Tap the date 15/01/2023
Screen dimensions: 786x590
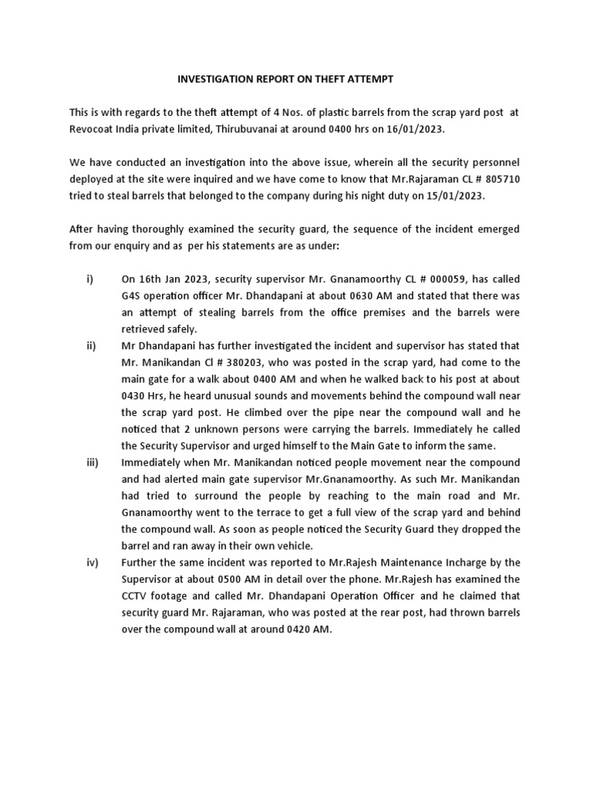pyautogui.click(x=452, y=196)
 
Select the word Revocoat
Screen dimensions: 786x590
pyautogui.click(x=95, y=130)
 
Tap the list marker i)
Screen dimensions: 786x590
pyautogui.click(x=89, y=279)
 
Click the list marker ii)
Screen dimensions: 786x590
pyautogui.click(x=90, y=345)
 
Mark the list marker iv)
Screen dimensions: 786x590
pyautogui.click(x=91, y=562)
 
